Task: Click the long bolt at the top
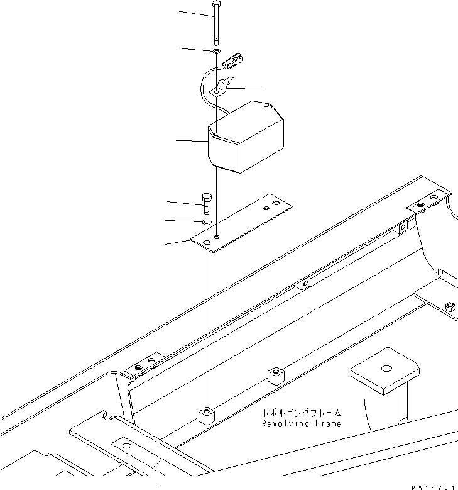(x=215, y=22)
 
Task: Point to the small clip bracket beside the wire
(x=221, y=87)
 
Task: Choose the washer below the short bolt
(x=206, y=223)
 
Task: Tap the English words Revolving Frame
(x=302, y=424)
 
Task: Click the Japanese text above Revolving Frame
(x=302, y=413)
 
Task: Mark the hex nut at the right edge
(x=450, y=307)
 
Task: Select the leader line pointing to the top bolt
(x=195, y=12)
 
